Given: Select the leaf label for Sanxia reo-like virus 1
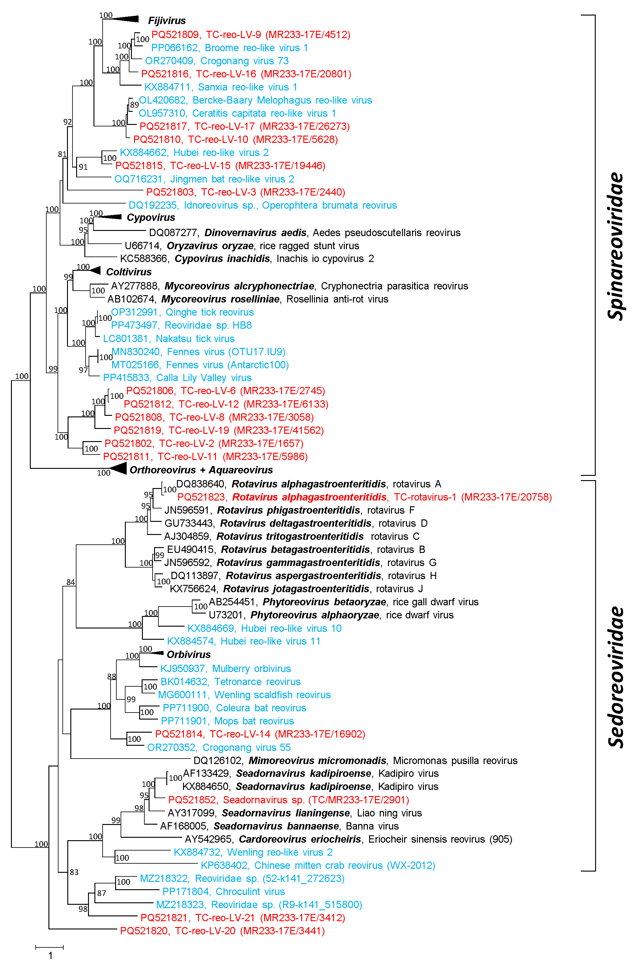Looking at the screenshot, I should (221, 87).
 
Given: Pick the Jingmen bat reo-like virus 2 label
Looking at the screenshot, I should (204, 179).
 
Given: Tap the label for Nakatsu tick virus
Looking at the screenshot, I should (168, 338).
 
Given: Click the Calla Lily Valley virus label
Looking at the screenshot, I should (177, 378).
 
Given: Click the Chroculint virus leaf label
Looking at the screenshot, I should (224, 891).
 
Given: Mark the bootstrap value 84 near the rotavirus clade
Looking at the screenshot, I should (71, 582).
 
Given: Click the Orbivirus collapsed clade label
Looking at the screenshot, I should (189, 654).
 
